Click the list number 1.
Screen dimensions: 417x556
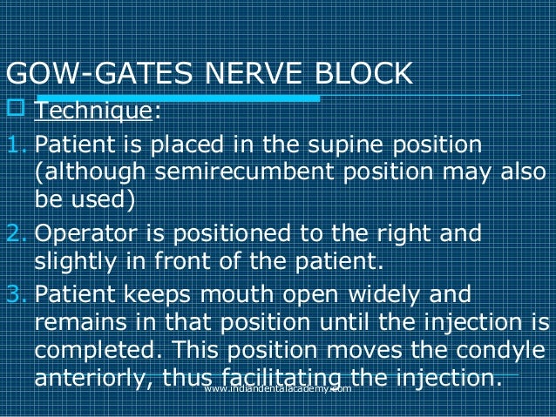pyautogui.click(x=13, y=143)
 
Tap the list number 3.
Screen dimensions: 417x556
pyautogui.click(x=13, y=294)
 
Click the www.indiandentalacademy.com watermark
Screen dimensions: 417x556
pyautogui.click(x=277, y=390)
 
